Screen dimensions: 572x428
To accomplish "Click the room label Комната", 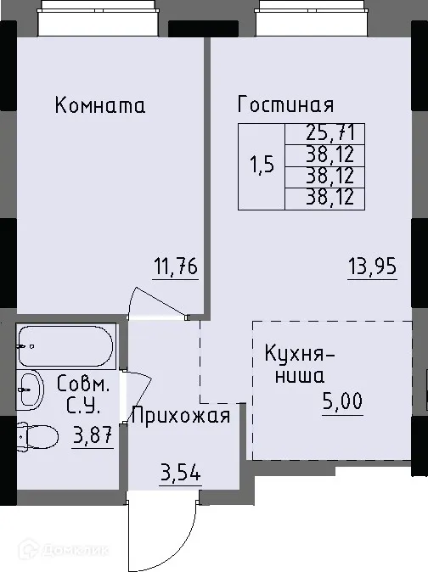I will pos(100,106).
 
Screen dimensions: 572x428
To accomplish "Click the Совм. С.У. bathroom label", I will pos(82,394).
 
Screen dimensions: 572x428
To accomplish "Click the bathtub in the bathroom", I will pos(65,346).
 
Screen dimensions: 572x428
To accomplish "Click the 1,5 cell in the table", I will pos(262,166).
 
